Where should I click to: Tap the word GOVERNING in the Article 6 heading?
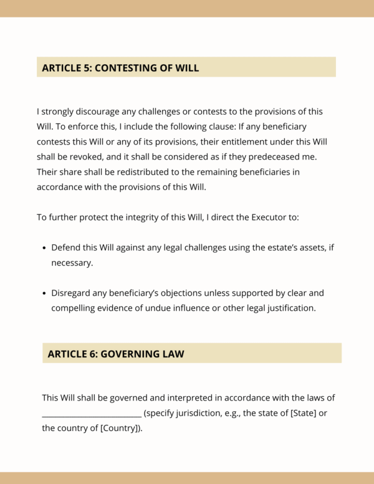point(129,354)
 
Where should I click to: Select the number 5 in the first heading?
point(86,68)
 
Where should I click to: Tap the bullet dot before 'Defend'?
point(44,248)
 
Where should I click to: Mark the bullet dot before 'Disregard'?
point(44,293)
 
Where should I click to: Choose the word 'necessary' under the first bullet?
point(71,263)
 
